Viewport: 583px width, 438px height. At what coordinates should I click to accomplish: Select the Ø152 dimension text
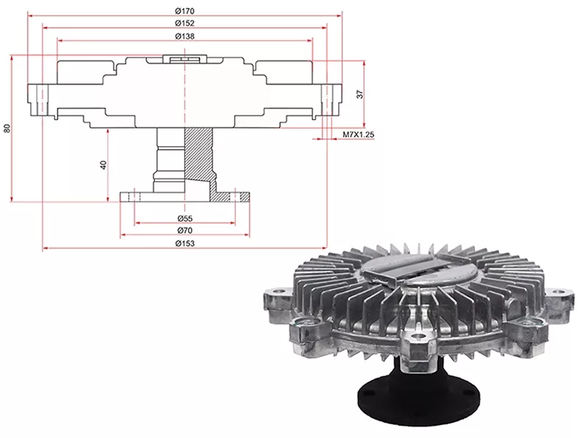pyautogui.click(x=184, y=23)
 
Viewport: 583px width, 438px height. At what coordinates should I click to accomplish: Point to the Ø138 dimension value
pyautogui.click(x=184, y=36)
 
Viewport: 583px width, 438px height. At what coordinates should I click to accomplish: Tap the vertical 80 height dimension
pyautogui.click(x=7, y=128)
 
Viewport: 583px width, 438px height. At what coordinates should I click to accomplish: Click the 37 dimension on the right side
pyautogui.click(x=359, y=94)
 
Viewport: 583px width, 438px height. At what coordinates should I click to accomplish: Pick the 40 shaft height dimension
pyautogui.click(x=104, y=164)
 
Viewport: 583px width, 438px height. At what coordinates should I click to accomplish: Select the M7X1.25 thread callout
pyautogui.click(x=358, y=136)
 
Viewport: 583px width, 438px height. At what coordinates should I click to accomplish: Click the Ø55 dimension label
pyautogui.click(x=184, y=218)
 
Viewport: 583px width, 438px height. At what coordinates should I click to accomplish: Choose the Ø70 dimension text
pyautogui.click(x=184, y=231)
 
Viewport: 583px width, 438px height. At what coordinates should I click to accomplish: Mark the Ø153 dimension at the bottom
pyautogui.click(x=184, y=243)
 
